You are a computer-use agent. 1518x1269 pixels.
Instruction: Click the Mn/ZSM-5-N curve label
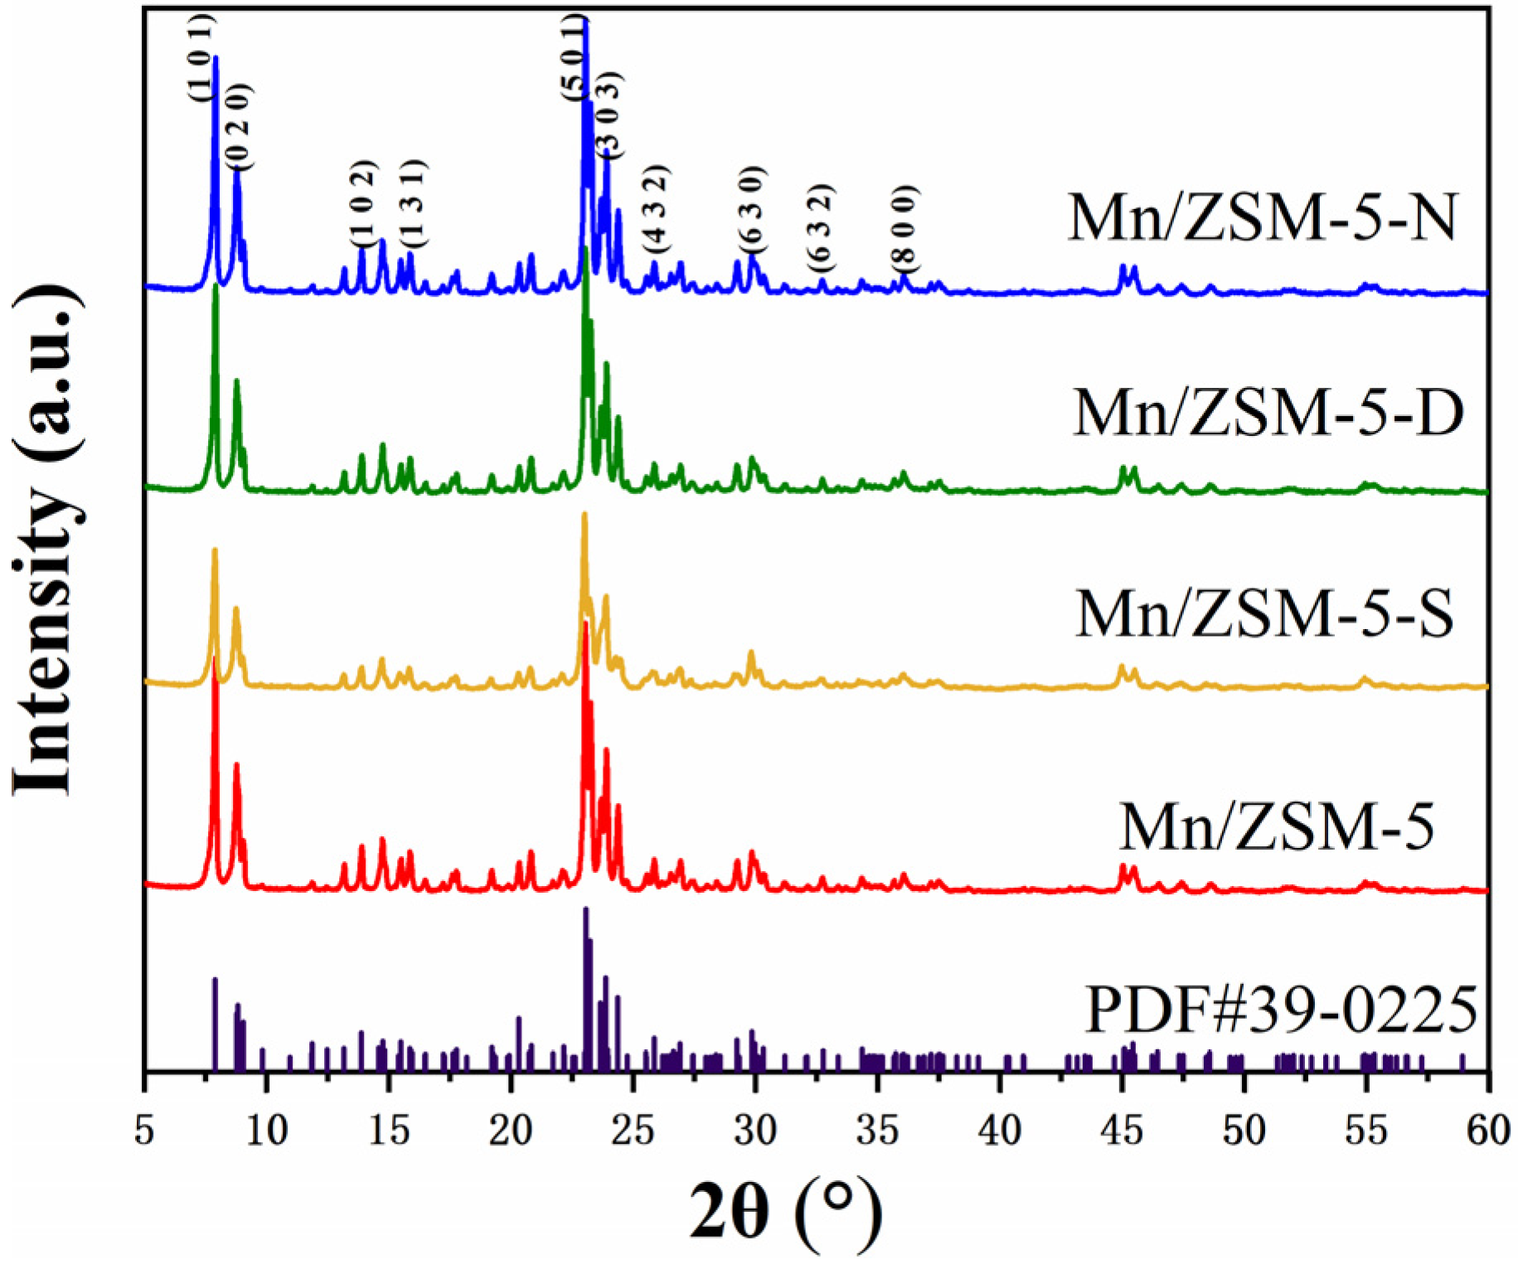(x=1261, y=218)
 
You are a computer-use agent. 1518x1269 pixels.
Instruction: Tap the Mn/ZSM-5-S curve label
(x=1264, y=614)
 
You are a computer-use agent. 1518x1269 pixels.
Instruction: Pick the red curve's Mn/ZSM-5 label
(x=1276, y=826)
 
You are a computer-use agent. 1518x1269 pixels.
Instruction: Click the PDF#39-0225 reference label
(x=1281, y=1010)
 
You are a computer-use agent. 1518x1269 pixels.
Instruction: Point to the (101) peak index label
(x=201, y=58)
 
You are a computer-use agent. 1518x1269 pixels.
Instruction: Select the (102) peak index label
(x=363, y=203)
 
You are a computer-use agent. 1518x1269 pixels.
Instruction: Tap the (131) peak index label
(x=412, y=203)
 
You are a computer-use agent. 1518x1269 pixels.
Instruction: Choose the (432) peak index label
(x=656, y=210)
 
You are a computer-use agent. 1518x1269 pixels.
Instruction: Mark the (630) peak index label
(x=754, y=210)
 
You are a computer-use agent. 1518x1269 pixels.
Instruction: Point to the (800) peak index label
(x=905, y=228)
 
